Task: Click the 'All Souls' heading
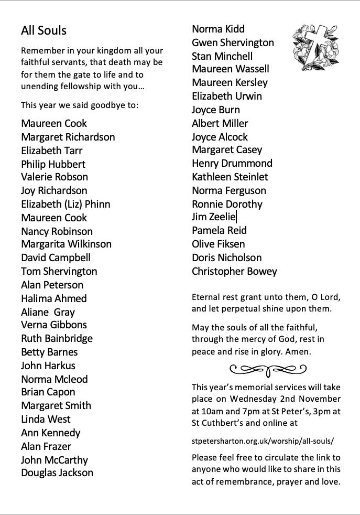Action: [43, 30]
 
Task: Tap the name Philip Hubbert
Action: [53, 164]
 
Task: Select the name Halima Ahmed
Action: [53, 298]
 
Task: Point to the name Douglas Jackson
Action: [57, 473]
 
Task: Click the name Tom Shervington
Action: [59, 271]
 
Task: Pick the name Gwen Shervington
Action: [233, 42]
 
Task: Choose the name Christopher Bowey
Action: [234, 271]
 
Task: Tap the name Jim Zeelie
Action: [214, 217]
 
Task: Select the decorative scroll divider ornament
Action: [268, 370]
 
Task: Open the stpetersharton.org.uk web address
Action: [263, 441]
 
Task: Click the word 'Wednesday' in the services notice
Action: [253, 399]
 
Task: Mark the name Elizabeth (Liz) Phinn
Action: [66, 204]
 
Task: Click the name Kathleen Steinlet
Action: [230, 177]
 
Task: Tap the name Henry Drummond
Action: [232, 163]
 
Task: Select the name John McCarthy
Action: [54, 460]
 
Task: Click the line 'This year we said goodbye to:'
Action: [80, 105]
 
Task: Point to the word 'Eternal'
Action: [206, 297]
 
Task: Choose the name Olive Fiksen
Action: [218, 244]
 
